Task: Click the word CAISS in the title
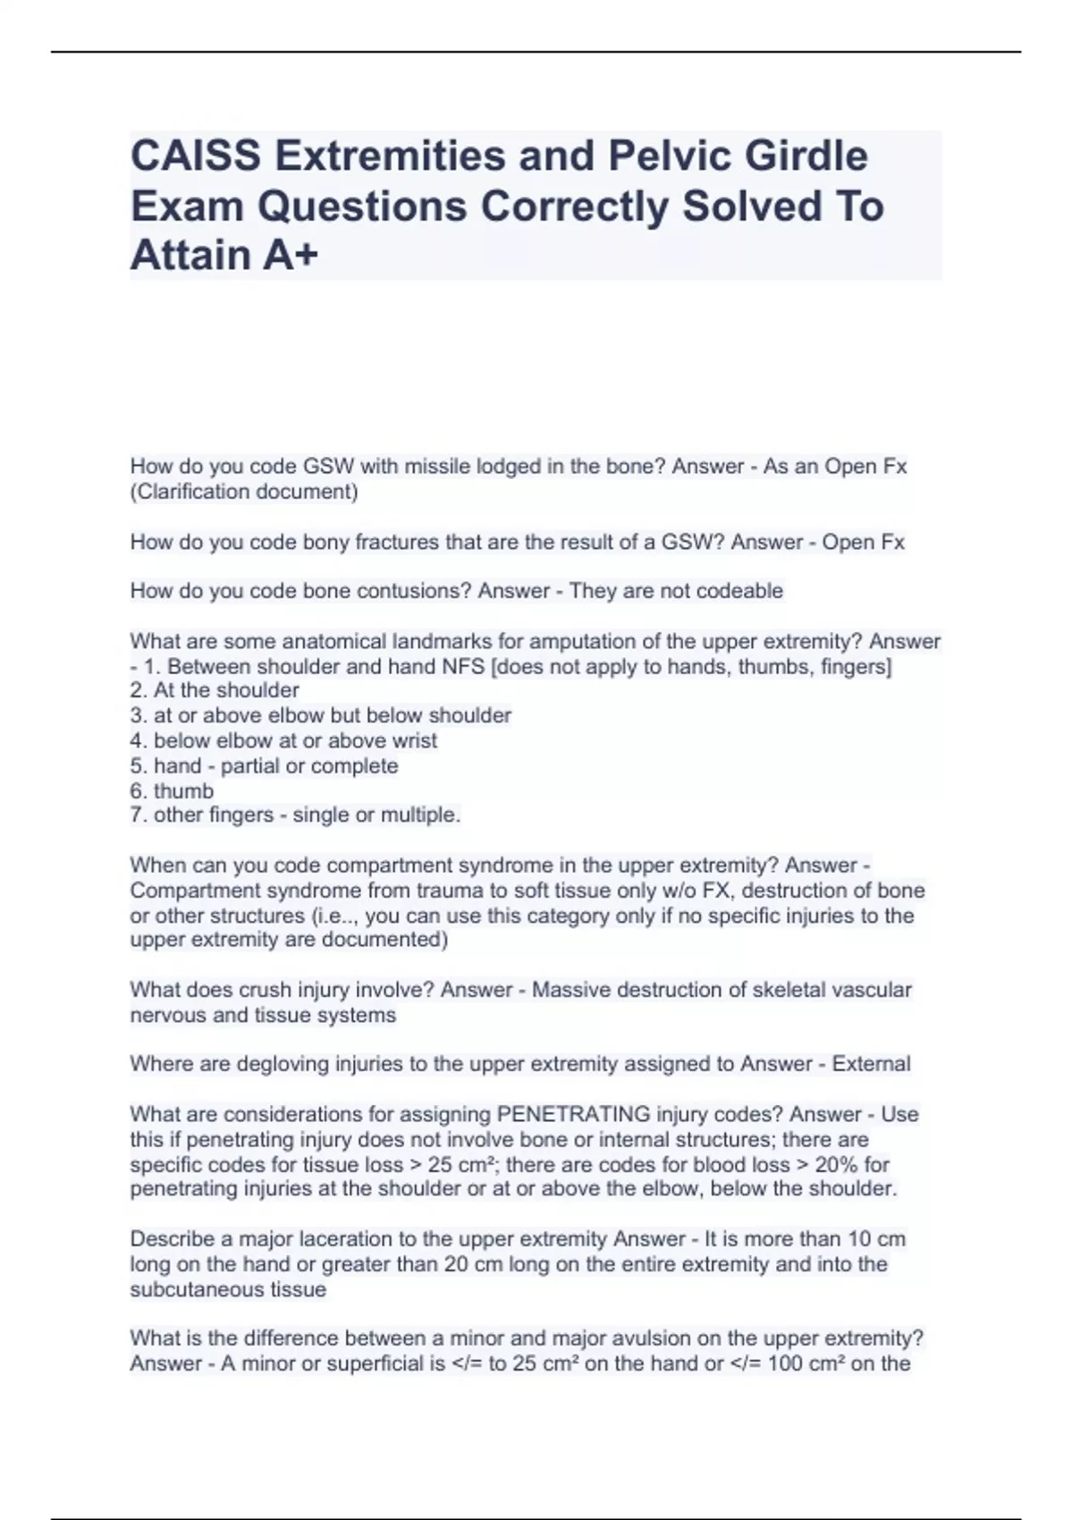tap(196, 156)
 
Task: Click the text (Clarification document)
tap(244, 491)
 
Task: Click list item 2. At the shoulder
tap(215, 690)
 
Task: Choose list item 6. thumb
tap(172, 790)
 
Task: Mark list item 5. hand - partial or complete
tap(264, 765)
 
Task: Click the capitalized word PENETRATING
tap(573, 1114)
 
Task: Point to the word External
tap(871, 1064)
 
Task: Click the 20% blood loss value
tap(841, 1164)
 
